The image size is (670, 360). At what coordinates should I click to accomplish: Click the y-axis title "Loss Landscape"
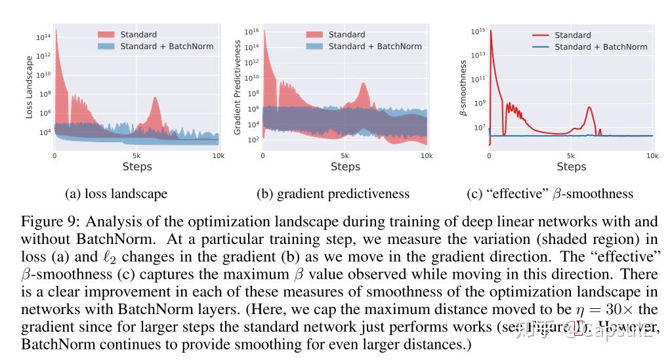(x=30, y=87)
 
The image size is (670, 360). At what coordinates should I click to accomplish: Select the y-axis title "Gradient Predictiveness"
(x=238, y=87)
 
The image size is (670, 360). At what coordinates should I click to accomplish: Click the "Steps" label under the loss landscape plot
(x=136, y=167)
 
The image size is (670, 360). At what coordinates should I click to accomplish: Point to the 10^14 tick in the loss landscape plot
(x=43, y=37)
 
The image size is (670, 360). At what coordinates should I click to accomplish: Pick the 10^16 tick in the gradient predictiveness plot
(x=251, y=31)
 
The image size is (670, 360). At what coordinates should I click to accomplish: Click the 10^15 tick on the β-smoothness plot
(x=477, y=31)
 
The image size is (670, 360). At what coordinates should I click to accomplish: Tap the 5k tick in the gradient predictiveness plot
(x=345, y=156)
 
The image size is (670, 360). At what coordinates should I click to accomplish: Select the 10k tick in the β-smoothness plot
(x=652, y=156)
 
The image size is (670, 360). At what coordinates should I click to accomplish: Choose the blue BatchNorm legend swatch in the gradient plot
(x=314, y=47)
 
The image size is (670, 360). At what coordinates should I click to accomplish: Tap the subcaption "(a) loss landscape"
(x=116, y=194)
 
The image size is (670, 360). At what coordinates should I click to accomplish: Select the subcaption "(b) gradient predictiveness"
(x=333, y=194)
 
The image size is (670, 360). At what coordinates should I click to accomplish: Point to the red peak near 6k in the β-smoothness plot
(x=589, y=108)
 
